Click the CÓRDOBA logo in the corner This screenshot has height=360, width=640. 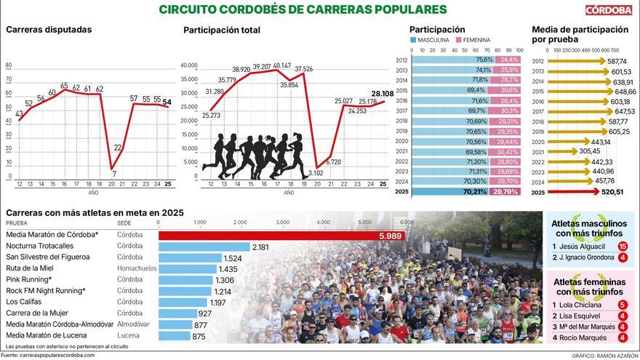pyautogui.click(x=609, y=9)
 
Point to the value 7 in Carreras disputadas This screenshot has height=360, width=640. pyautogui.click(x=113, y=174)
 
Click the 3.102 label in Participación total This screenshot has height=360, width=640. pyautogui.click(x=316, y=172)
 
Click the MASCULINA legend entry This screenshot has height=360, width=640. pyautogui.click(x=433, y=40)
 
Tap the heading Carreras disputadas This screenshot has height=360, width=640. pyautogui.click(x=49, y=30)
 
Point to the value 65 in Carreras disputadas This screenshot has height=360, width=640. pyautogui.click(x=64, y=86)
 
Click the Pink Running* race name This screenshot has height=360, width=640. pyautogui.click(x=28, y=280)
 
